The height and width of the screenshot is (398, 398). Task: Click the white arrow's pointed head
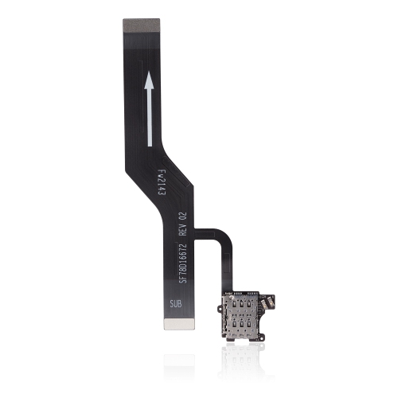click(149, 80)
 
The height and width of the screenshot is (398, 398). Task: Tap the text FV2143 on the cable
click(161, 184)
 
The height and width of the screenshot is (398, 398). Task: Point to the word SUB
click(176, 304)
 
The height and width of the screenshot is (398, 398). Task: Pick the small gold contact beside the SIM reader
click(272, 302)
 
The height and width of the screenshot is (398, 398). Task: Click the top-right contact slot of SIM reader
click(249, 302)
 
